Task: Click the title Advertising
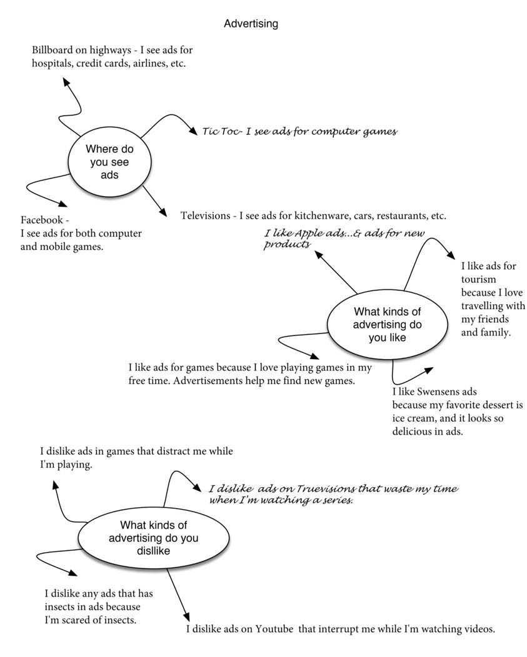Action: (x=251, y=24)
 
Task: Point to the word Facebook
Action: (x=41, y=220)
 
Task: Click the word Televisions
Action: (x=206, y=216)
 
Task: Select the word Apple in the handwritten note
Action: (x=309, y=234)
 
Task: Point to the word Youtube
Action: (x=274, y=629)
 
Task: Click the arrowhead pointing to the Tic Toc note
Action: (x=193, y=131)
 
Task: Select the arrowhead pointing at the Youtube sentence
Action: (x=186, y=616)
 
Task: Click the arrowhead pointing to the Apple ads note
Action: (x=319, y=255)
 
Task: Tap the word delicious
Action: (x=411, y=432)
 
